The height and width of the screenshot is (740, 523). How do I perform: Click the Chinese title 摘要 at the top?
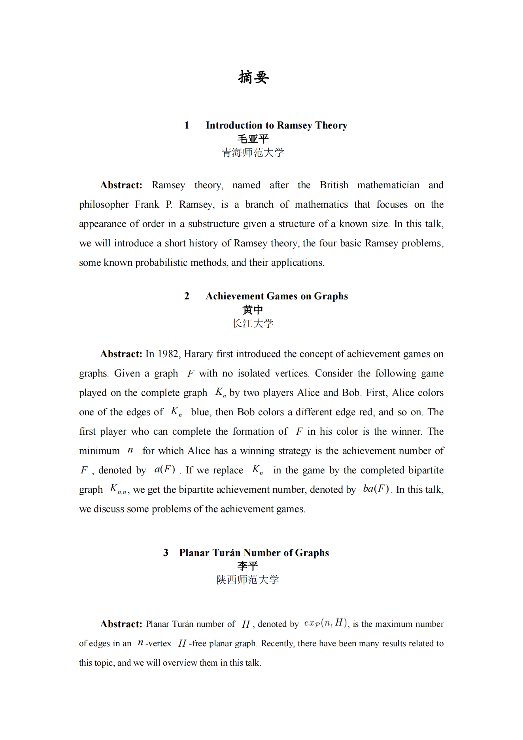click(x=253, y=77)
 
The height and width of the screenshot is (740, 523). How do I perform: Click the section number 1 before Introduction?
click(x=187, y=125)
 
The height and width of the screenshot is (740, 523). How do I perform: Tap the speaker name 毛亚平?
click(x=253, y=139)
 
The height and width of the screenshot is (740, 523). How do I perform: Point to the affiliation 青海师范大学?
click(x=253, y=153)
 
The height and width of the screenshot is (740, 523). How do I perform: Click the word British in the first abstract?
click(x=334, y=185)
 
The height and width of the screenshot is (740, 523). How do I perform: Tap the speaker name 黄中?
click(x=253, y=310)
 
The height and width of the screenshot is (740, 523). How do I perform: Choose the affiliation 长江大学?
click(x=253, y=324)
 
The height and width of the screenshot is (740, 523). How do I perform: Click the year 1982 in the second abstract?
click(x=168, y=354)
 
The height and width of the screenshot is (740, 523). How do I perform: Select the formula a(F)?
click(x=164, y=469)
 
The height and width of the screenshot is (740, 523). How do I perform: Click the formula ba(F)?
click(x=376, y=489)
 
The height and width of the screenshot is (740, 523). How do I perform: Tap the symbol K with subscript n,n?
click(x=118, y=489)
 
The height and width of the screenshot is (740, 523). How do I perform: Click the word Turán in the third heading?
click(x=226, y=553)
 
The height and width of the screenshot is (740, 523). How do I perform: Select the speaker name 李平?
click(x=248, y=566)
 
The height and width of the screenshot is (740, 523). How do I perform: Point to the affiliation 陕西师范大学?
click(x=248, y=580)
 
